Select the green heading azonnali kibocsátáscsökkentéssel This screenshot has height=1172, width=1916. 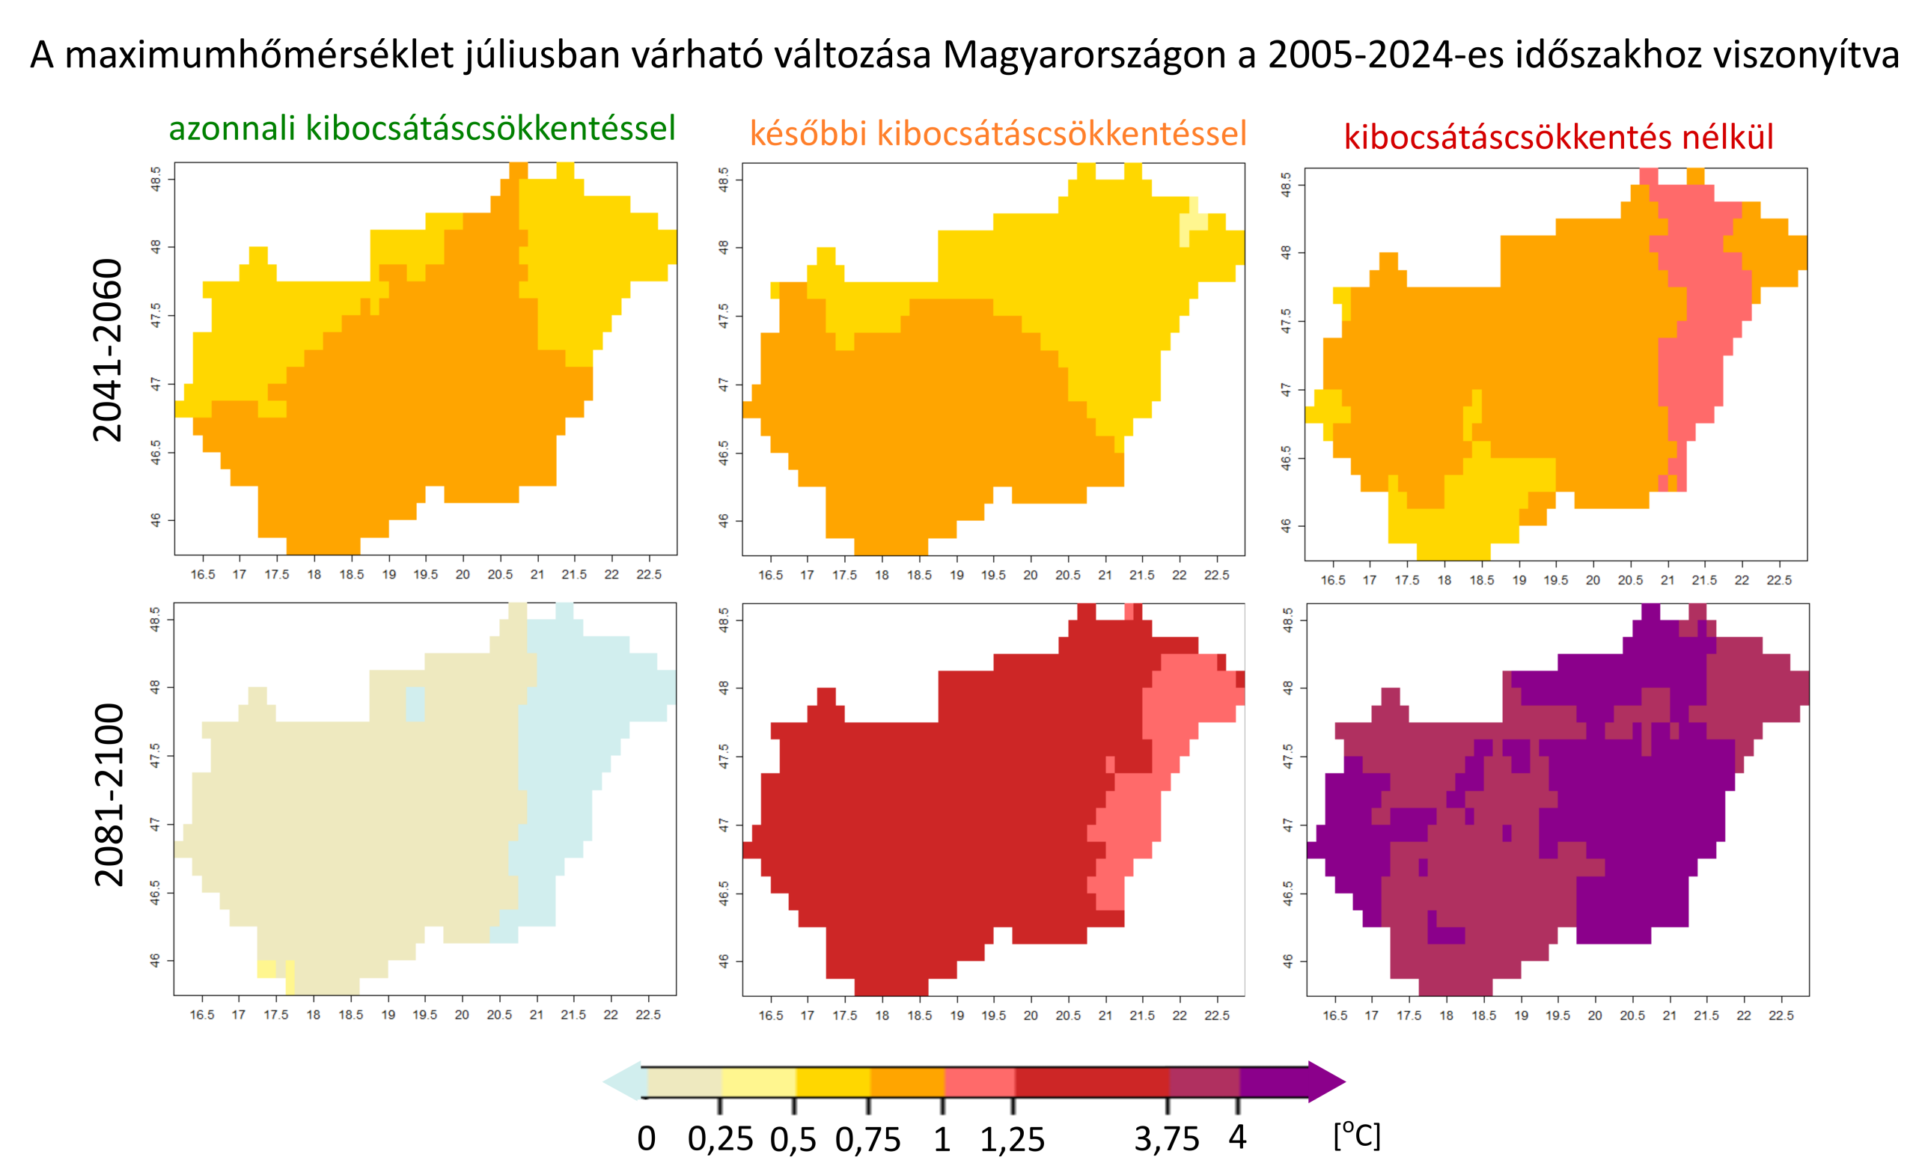pos(421,128)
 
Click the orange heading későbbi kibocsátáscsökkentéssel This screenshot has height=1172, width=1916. pos(998,134)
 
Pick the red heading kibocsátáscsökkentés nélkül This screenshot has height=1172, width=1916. pos(1558,138)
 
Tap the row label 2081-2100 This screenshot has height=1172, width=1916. pos(108,795)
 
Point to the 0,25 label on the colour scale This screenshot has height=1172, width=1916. pos(720,1139)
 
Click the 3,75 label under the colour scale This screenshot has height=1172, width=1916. pos(1166,1139)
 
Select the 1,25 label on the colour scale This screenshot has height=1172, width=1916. pos(1012,1139)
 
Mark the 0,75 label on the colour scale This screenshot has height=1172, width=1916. pos(867,1139)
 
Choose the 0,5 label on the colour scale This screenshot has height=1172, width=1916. pos(793,1139)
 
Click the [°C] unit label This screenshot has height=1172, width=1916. pos(1357,1135)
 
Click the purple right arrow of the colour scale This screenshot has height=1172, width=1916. pos(1325,1081)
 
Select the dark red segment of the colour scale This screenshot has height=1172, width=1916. pos(1092,1081)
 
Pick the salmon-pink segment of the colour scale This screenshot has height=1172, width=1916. pos(979,1081)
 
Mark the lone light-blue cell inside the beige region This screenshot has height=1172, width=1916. pos(415,703)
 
